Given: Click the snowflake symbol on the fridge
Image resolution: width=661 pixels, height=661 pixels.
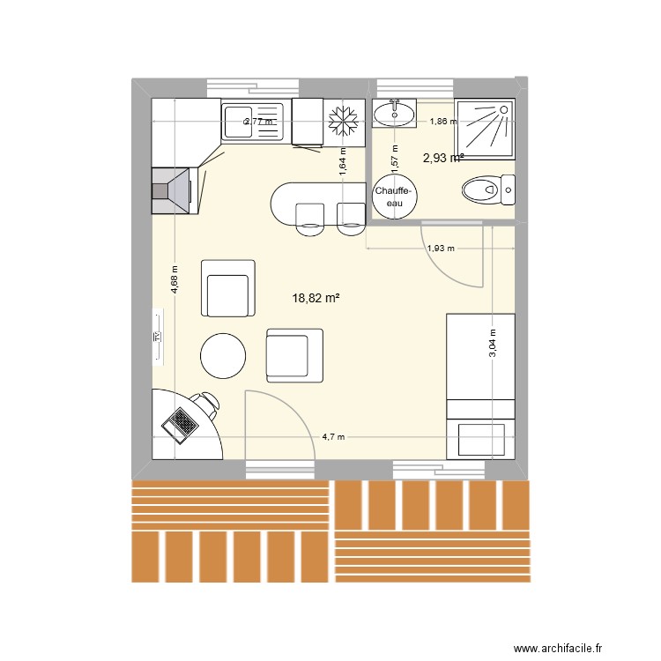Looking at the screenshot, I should [x=344, y=121].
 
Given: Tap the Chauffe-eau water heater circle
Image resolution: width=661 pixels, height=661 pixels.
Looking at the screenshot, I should [x=395, y=197].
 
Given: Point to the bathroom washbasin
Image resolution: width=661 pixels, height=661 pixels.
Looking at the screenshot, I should [x=394, y=113].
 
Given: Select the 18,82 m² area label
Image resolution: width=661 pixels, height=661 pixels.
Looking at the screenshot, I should [x=316, y=299].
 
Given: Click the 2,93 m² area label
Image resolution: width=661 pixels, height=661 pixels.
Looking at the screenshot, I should [x=443, y=159].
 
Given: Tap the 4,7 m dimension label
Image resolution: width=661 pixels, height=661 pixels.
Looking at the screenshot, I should [x=333, y=436].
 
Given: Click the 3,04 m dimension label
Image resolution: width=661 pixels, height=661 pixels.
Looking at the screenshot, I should [x=492, y=343].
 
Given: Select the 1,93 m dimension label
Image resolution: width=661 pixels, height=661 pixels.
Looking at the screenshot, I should [x=440, y=249].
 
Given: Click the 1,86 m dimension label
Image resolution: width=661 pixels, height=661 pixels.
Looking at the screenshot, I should [x=443, y=122].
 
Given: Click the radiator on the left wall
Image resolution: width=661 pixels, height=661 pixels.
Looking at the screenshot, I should [x=158, y=336].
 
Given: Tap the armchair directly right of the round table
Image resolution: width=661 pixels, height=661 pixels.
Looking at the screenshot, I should [x=294, y=355].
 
